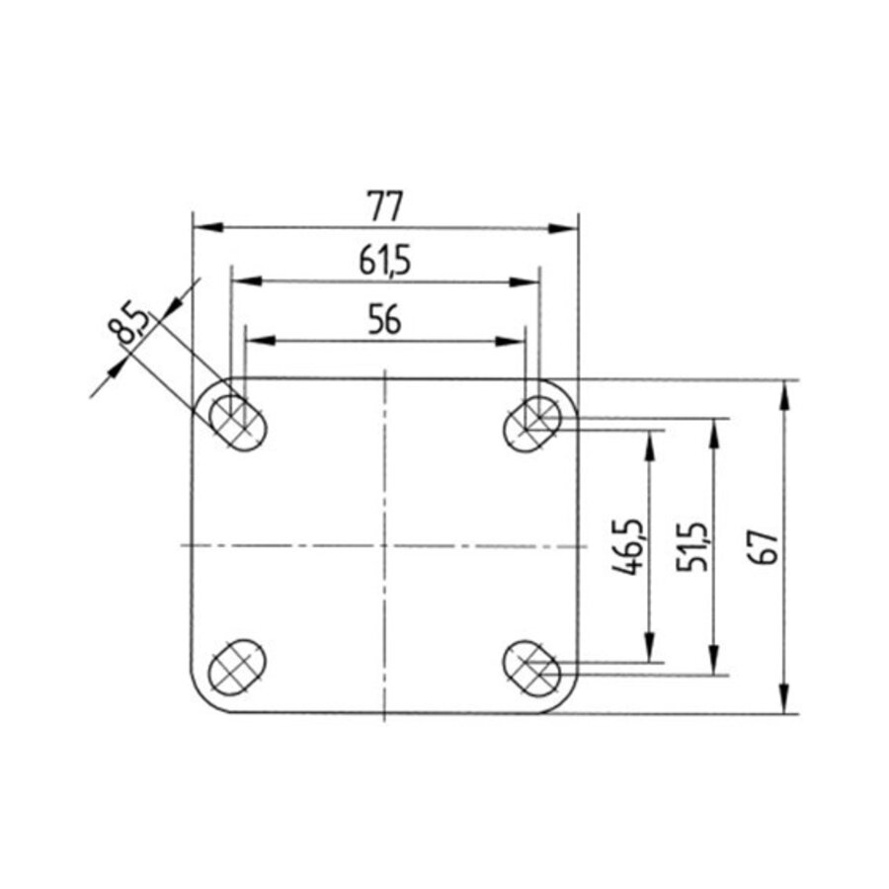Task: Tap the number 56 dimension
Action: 384,320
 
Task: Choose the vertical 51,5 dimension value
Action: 691,545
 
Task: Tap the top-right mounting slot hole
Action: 533,423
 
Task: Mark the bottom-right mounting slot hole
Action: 533,667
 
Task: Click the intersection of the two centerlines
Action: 384,545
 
